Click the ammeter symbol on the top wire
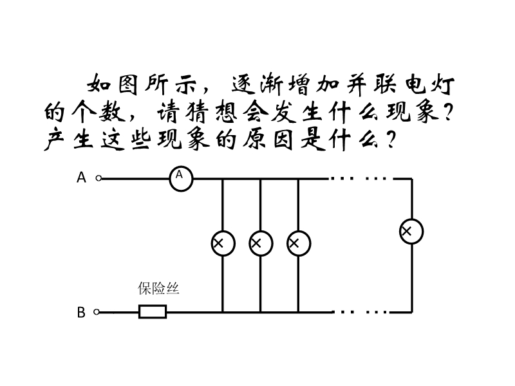click(182, 178)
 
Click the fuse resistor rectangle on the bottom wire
click(153, 313)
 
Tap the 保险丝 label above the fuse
click(158, 289)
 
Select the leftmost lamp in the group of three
click(223, 243)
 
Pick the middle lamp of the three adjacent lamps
click(261, 243)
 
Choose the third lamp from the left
click(299, 243)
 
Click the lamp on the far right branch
click(411, 231)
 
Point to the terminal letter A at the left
click(82, 178)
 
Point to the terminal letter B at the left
click(82, 313)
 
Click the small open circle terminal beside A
click(98, 178)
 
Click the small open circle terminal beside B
click(97, 313)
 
